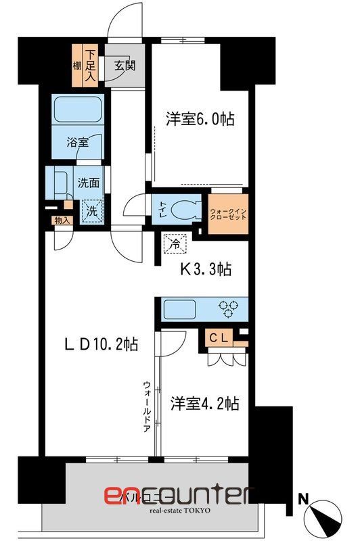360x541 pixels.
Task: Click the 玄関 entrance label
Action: click(124, 66)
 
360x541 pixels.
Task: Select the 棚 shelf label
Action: click(77, 66)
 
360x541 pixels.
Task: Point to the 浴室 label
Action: click(76, 143)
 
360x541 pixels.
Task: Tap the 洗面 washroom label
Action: click(89, 183)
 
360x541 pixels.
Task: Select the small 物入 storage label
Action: click(60, 220)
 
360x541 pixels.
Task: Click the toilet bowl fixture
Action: click(185, 209)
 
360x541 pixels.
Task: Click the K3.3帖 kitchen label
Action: click(206, 269)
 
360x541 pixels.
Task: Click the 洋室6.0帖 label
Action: click(200, 120)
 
